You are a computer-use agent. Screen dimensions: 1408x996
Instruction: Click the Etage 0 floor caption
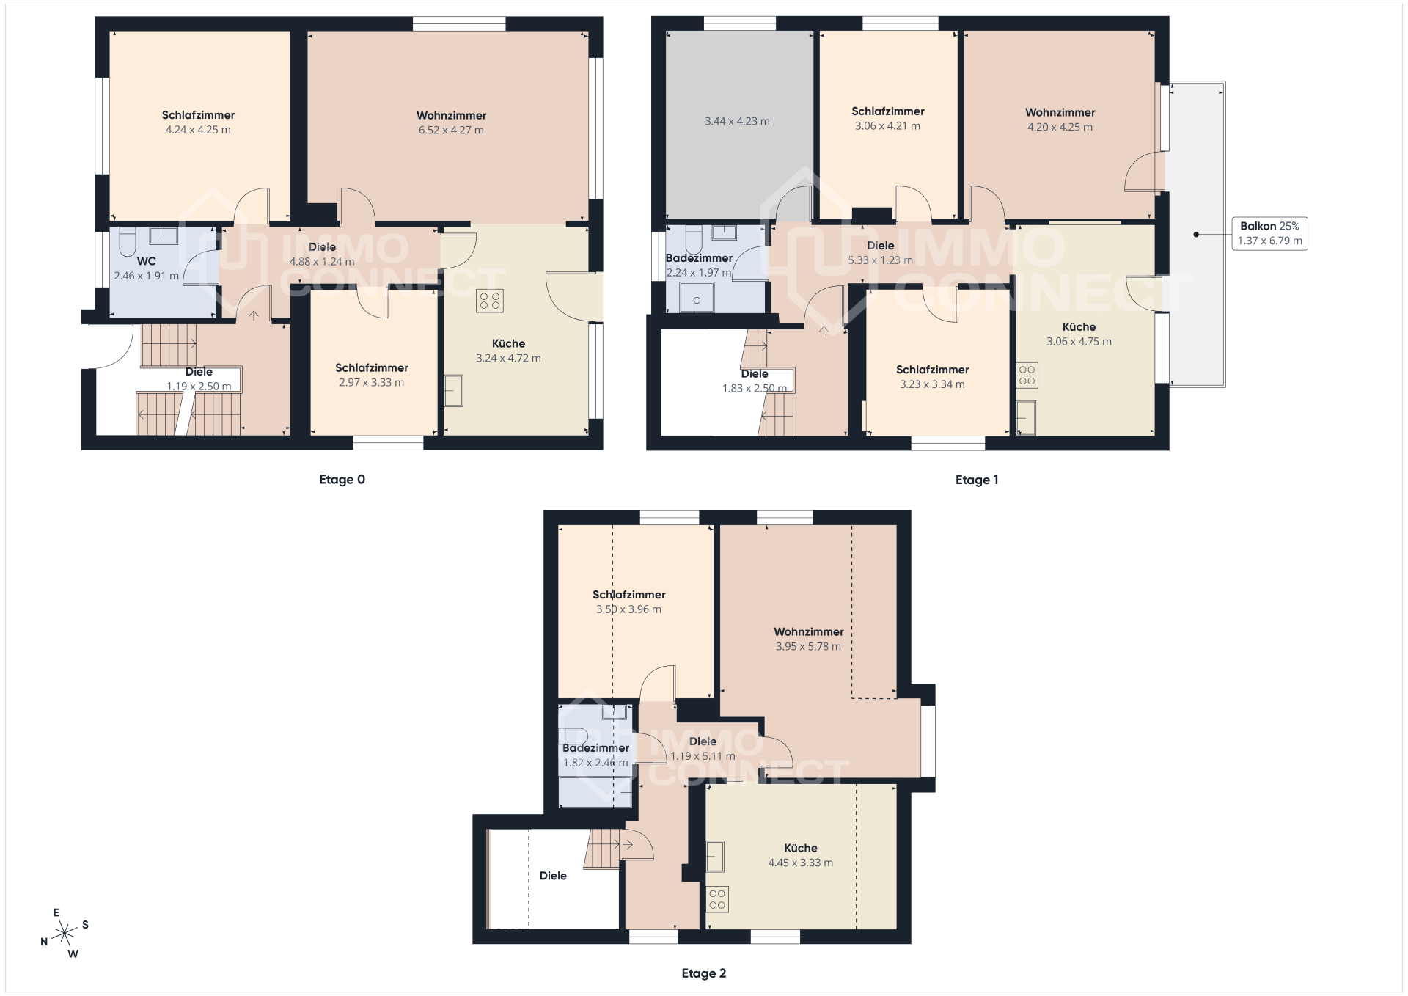click(x=342, y=480)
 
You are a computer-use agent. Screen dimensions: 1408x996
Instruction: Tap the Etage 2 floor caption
click(x=704, y=973)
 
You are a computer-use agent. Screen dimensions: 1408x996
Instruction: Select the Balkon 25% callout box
click(x=1270, y=233)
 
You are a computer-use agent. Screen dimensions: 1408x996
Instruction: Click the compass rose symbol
click(x=65, y=933)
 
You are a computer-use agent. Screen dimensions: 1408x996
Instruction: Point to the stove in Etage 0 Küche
click(x=490, y=301)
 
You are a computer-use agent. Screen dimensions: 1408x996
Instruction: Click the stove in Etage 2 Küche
click(x=717, y=899)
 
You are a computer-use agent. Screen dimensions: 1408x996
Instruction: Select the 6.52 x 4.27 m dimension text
click(x=451, y=130)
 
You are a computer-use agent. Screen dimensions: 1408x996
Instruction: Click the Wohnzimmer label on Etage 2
click(x=809, y=631)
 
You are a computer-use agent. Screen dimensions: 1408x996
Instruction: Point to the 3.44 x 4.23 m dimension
click(x=737, y=121)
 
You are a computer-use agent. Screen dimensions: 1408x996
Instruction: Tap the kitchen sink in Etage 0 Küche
click(x=454, y=391)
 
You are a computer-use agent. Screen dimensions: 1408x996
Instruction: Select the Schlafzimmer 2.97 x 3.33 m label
click(x=372, y=375)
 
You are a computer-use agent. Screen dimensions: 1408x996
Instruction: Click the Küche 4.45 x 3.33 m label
click(x=801, y=855)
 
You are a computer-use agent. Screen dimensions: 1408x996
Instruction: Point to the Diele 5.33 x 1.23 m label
click(x=881, y=252)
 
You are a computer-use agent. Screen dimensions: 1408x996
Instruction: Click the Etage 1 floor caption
click(x=977, y=480)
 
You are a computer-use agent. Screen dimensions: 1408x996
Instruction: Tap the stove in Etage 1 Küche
click(x=1027, y=376)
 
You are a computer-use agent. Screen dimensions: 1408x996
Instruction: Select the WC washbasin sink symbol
click(x=164, y=235)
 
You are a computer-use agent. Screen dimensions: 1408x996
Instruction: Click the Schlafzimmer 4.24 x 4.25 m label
click(x=198, y=122)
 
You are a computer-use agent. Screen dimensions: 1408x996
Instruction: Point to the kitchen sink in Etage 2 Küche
click(x=715, y=856)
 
